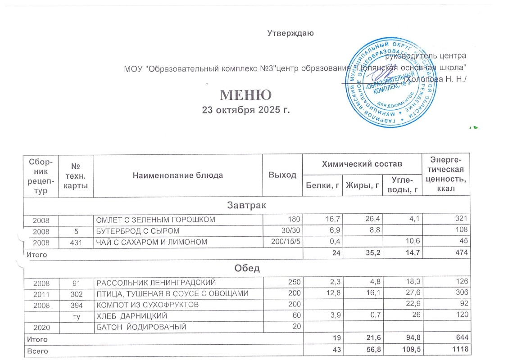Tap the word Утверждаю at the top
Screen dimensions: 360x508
290,33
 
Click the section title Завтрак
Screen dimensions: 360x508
246,206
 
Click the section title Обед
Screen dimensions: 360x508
246,269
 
